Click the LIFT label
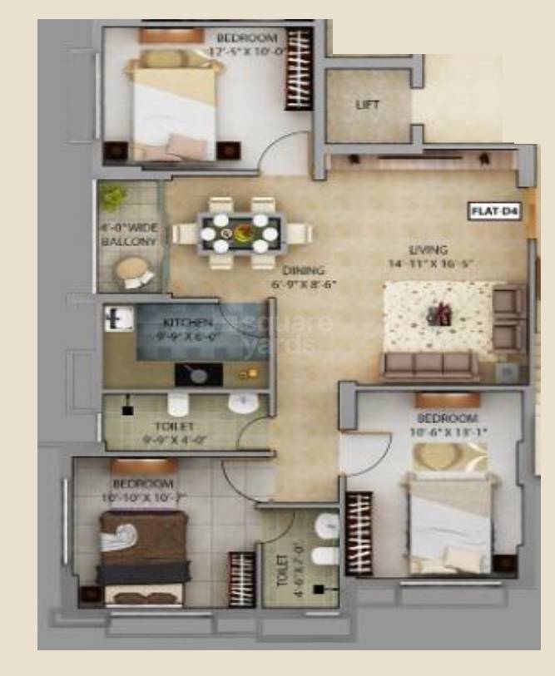[368, 106]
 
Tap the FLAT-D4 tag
[495, 211]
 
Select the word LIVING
[429, 249]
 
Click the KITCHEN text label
[187, 322]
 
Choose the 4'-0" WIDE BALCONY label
[129, 234]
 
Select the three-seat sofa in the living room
[429, 364]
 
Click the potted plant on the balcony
[111, 198]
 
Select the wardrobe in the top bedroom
[298, 69]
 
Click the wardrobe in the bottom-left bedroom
[241, 579]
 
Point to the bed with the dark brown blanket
[143, 553]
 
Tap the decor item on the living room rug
[439, 315]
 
